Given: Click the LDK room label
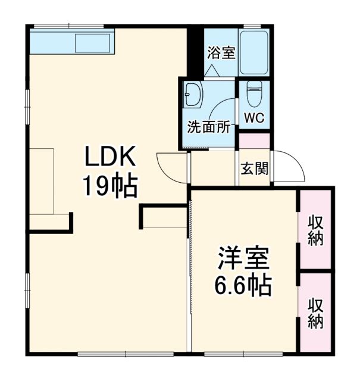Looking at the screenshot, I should (111, 158).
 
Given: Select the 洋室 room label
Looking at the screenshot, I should (243, 258).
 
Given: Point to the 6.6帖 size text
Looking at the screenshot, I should (243, 287).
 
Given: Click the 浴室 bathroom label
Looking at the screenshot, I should (221, 52).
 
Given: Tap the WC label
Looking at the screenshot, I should (254, 117).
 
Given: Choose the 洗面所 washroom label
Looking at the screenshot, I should (209, 127).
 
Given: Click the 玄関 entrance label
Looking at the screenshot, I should (254, 169).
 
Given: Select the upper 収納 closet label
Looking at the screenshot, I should (315, 230).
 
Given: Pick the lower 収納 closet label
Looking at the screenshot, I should (315, 313).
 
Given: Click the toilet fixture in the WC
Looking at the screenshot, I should (254, 92).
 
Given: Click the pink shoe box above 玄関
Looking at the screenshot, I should (254, 142).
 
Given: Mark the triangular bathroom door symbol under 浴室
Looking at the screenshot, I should (213, 70).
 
